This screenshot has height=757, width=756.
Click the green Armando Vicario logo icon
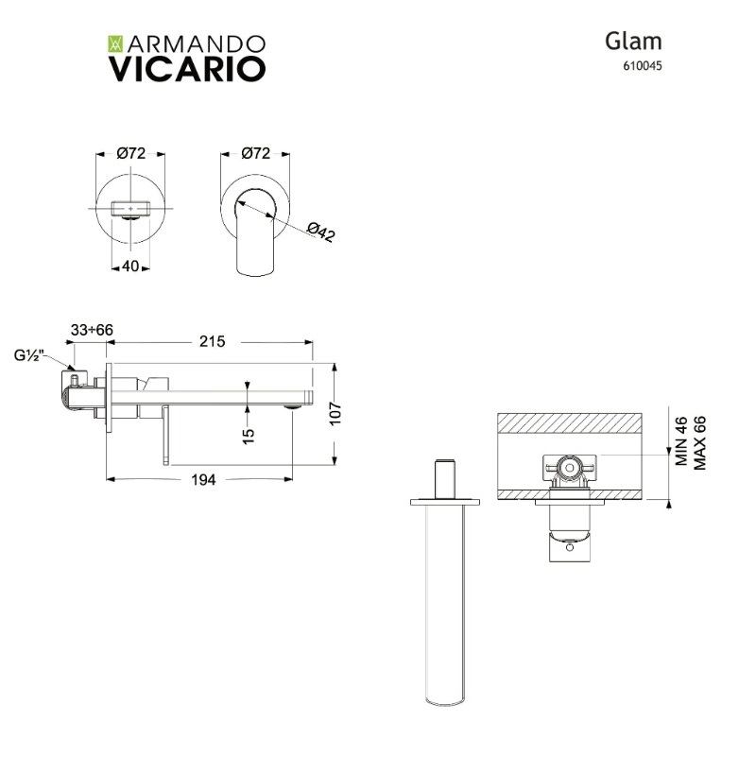coord(116,43)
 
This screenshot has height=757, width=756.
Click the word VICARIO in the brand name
coord(187,69)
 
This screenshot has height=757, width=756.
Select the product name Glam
coord(633,41)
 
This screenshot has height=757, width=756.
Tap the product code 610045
coord(642,66)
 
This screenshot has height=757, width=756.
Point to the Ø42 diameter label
coord(321,232)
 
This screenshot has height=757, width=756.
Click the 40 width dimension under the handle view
coord(130,266)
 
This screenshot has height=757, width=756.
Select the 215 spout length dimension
coord(213,341)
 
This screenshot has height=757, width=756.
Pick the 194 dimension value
coord(203,479)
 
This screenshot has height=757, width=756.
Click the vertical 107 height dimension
coord(335,413)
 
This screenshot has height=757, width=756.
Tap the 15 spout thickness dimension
coord(248,436)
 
